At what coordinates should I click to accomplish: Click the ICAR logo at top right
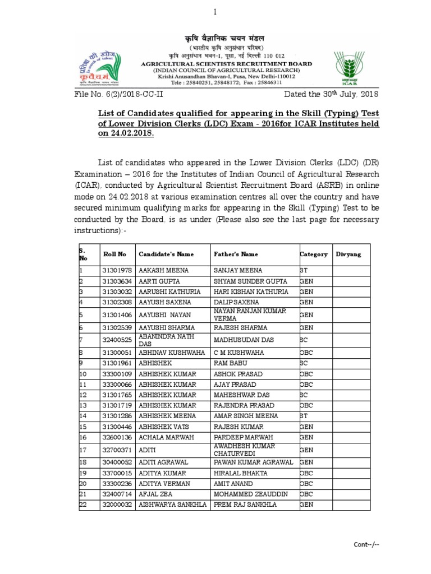[351, 68]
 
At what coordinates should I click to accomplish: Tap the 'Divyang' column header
[349, 254]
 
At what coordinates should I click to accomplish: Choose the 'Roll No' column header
[114, 254]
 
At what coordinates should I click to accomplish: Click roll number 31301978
[117, 270]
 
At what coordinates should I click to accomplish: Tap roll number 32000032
[117, 504]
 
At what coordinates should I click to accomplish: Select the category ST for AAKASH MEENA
[304, 270]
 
